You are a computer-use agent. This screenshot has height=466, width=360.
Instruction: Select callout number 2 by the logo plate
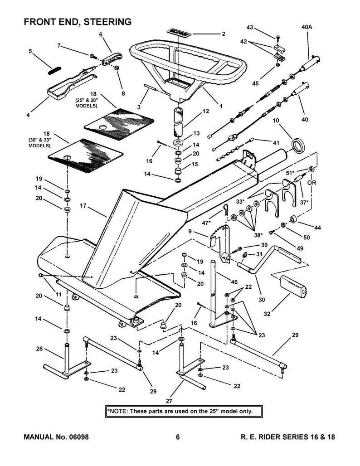tap(223, 34)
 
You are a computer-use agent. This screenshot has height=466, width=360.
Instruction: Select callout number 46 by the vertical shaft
tap(234, 282)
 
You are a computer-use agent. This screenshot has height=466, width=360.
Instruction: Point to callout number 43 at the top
tap(249, 28)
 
